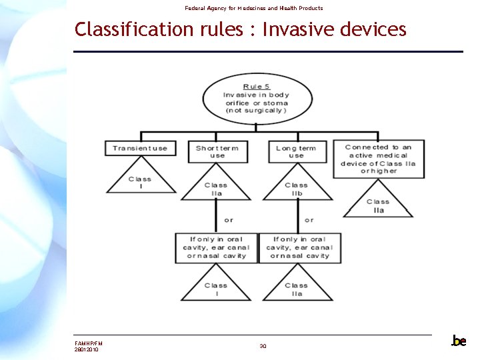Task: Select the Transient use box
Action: point(140,148)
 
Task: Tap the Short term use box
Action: point(217,151)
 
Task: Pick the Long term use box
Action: point(296,151)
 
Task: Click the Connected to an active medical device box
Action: point(378,159)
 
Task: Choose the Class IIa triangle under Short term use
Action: point(216,188)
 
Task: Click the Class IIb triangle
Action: point(296,188)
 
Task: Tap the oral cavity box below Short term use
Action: point(216,247)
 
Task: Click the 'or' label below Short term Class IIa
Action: point(229,219)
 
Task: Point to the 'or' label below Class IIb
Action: point(309,219)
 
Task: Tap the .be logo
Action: point(459,341)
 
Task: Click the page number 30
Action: point(263,346)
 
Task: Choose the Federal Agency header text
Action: point(253,8)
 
